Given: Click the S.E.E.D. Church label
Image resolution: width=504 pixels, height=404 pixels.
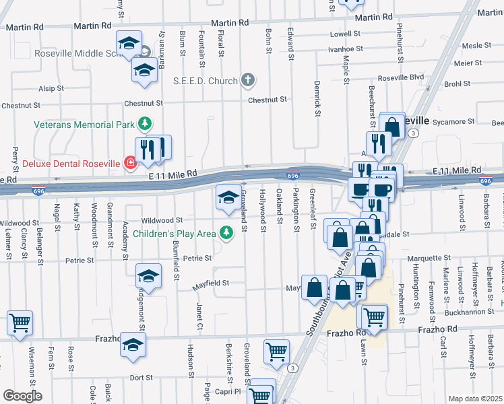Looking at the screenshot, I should (x=206, y=81).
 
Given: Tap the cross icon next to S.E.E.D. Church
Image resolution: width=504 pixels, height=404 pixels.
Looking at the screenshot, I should (x=248, y=81).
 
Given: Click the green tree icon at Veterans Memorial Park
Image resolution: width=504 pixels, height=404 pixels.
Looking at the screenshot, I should (x=144, y=124).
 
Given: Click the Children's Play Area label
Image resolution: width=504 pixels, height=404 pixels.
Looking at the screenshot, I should (x=174, y=234).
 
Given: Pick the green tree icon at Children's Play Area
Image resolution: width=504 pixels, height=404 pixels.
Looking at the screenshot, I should (x=227, y=233).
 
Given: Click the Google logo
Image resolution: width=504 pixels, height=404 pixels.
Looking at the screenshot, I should (x=22, y=396).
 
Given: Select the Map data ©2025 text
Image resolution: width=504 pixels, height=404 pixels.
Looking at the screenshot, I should (x=475, y=399).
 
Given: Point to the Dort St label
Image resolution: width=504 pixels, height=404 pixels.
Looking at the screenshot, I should (x=141, y=378).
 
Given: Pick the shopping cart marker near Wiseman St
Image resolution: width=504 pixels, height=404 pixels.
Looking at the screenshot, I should (x=20, y=322).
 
